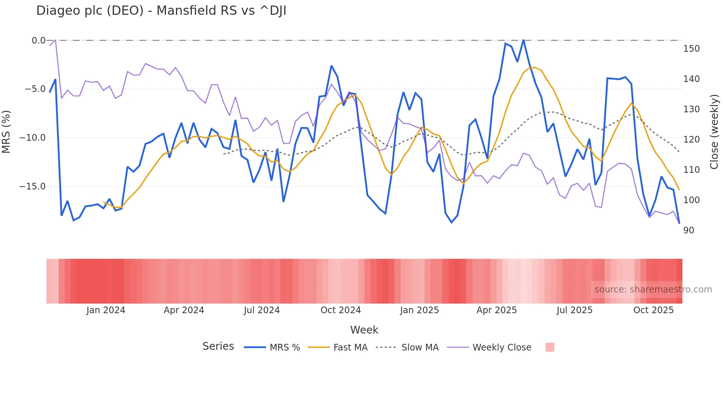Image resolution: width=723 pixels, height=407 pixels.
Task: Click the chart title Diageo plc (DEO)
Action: point(161,11)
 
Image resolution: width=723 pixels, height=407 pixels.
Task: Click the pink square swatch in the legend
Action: point(550,347)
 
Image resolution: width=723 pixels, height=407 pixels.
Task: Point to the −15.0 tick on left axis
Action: point(32,187)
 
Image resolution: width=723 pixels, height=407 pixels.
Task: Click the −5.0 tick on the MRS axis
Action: point(35,89)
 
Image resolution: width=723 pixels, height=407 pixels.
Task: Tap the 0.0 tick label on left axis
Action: point(38,41)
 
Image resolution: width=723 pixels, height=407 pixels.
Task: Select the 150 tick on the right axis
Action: point(691,49)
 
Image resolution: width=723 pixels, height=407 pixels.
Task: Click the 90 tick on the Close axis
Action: point(688,230)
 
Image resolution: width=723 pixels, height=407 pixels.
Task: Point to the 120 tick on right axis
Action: point(691,140)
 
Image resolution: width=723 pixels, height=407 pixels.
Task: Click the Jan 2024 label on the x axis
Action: point(106,310)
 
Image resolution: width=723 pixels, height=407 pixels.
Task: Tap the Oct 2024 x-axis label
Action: point(340,310)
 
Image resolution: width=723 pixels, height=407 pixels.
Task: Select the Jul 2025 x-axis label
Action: point(574,310)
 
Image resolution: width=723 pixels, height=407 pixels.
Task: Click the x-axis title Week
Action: point(364,330)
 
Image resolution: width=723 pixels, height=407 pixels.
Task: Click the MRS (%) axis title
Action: point(6,131)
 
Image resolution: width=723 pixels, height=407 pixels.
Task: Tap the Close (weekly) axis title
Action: point(715,132)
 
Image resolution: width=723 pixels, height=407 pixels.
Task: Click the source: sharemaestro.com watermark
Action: point(653,290)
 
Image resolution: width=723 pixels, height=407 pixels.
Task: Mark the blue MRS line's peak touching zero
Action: point(523,40)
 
